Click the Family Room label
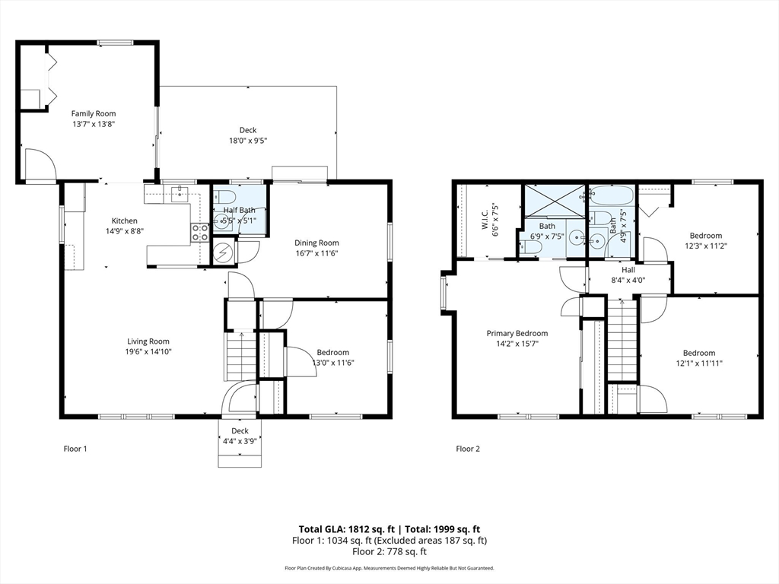94,114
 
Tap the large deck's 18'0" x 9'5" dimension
248,141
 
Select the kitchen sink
180,194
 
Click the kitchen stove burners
200,233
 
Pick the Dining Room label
316,243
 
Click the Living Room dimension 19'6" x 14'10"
148,351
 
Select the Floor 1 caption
75,449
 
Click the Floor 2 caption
468,449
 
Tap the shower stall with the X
555,201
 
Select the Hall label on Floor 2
628,270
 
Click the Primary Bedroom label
517,333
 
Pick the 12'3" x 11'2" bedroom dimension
705,246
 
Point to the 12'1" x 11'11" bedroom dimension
699,363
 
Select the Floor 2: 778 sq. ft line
389,551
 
